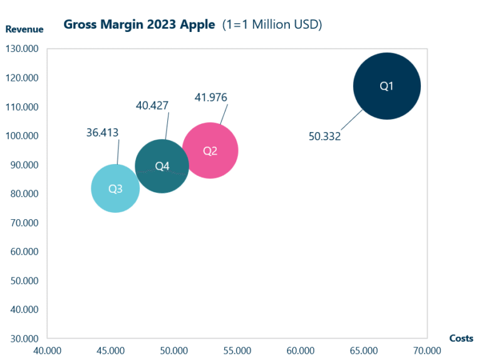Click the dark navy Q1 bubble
click(x=386, y=86)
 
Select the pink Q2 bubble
click(x=210, y=151)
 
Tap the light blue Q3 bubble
click(x=115, y=188)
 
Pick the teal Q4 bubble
click(x=162, y=166)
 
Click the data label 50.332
click(x=324, y=136)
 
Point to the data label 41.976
click(x=210, y=97)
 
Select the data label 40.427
click(x=152, y=105)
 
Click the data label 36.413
click(x=102, y=132)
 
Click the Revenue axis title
click(x=24, y=29)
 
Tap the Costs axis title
click(x=461, y=338)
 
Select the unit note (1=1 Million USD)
click(x=272, y=24)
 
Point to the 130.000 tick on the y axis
click(x=22, y=49)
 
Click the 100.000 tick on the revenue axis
click(x=22, y=136)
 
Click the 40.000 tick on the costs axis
click(x=48, y=351)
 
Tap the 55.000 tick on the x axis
click(x=237, y=351)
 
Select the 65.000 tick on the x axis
click(x=363, y=351)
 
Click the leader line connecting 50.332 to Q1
click(x=352, y=120)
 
